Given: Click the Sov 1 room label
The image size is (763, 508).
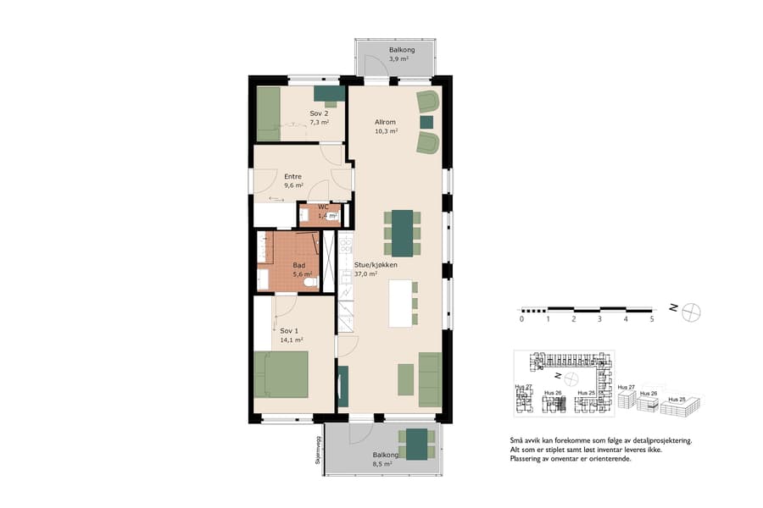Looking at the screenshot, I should point(291,331).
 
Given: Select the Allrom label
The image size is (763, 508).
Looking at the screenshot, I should point(386,122).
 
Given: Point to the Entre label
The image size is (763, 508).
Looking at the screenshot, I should point(292,176).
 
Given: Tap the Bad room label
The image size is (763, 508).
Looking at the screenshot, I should point(299,265).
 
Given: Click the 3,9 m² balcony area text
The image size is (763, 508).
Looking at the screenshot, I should point(398,60).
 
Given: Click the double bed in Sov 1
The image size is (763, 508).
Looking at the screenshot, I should point(281,374).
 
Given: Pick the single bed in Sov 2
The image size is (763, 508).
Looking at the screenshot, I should point(269,113).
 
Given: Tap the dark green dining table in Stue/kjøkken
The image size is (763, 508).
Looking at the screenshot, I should point(402,232).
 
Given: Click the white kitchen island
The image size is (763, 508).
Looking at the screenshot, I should point(398,303).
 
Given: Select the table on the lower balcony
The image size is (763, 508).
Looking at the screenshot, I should point(416,444).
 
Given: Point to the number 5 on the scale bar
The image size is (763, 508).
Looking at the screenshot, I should point(651,319).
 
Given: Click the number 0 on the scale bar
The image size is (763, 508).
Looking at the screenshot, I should point(521,319).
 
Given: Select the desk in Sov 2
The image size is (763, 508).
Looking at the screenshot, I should point(329,93).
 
